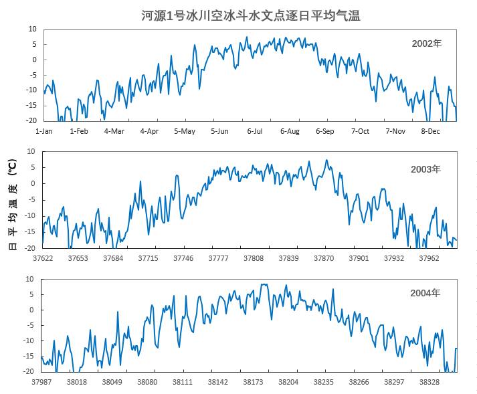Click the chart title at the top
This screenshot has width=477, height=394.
(x=251, y=15)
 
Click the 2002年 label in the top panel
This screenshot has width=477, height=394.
(x=426, y=44)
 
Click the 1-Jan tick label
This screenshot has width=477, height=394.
(x=43, y=131)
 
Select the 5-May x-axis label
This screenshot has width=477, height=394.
(x=185, y=131)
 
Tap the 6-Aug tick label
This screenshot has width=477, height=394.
(x=290, y=131)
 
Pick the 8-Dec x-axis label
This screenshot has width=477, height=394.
(x=430, y=131)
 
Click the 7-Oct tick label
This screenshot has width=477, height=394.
(x=360, y=131)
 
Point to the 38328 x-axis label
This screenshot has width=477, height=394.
(x=429, y=382)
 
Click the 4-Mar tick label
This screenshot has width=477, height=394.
(x=114, y=131)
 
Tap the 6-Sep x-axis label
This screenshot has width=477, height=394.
(x=324, y=131)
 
